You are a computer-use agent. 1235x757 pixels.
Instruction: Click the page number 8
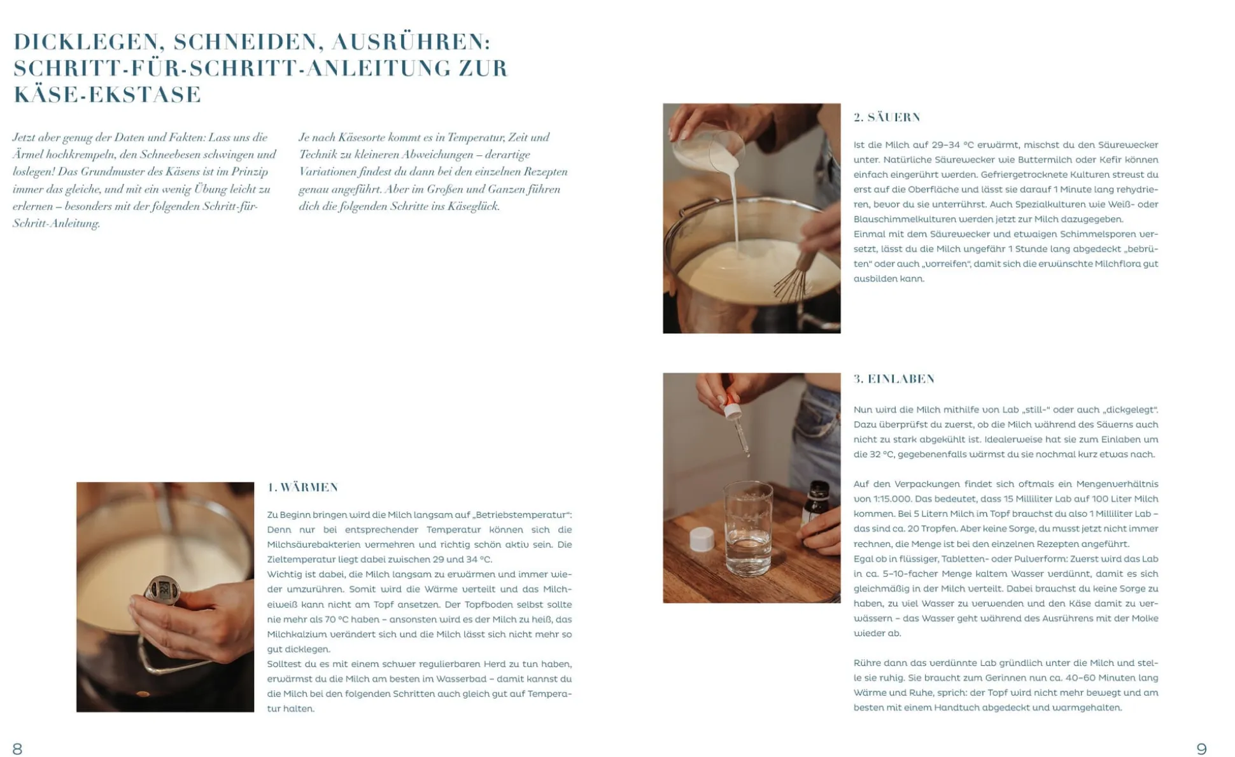[x=17, y=748]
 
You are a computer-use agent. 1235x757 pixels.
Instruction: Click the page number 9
[x=1201, y=748]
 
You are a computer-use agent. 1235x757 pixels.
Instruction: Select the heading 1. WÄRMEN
[x=303, y=487]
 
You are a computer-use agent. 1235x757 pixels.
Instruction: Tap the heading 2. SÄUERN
[x=887, y=117]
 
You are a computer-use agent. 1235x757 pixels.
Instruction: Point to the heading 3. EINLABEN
[x=894, y=379]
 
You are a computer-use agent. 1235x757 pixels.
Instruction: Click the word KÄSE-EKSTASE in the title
[x=108, y=94]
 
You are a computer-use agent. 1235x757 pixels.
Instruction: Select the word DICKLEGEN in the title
[x=86, y=42]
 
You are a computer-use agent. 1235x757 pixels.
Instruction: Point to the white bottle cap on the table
[x=702, y=539]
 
